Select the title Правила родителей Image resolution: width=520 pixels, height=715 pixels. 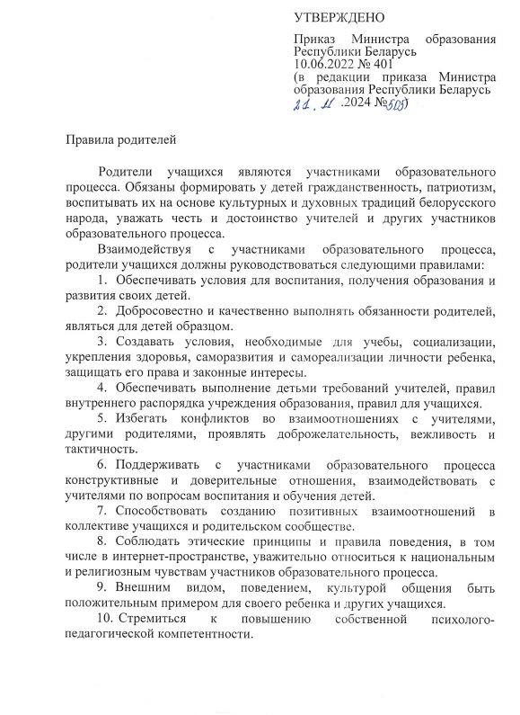tap(116, 139)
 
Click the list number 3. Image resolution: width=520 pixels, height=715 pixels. tap(101, 342)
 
